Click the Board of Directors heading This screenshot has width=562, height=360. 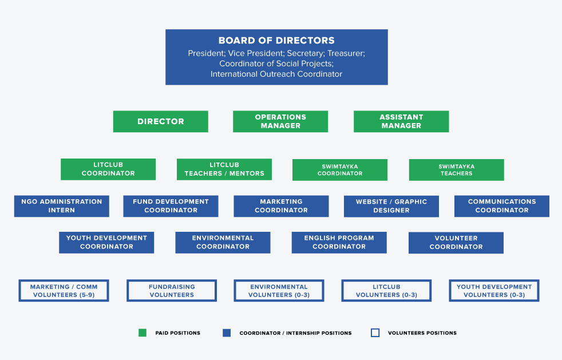point(276,41)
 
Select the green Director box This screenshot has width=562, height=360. point(161,121)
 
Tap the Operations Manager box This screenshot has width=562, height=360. point(280,121)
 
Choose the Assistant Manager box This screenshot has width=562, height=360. point(401,121)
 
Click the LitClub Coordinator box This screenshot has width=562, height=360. point(108,169)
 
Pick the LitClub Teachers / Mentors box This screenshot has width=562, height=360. point(224,169)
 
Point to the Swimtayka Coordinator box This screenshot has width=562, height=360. point(340,170)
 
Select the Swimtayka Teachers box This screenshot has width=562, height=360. point(456,170)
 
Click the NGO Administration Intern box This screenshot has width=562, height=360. point(62,206)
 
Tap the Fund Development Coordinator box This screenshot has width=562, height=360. point(171,206)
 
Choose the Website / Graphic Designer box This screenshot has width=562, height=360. point(391,206)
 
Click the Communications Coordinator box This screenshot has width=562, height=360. point(502,206)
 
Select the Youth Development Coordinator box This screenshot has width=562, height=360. point(106,243)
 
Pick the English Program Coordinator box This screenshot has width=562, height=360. point(339,243)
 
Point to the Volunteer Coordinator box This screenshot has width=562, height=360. point(456,243)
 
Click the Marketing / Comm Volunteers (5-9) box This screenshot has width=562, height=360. point(64,290)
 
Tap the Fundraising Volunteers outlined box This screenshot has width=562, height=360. point(172,290)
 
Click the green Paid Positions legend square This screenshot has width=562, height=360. point(143,333)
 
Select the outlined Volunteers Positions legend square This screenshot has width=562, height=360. point(375,333)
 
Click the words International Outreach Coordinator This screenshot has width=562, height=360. point(276,74)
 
